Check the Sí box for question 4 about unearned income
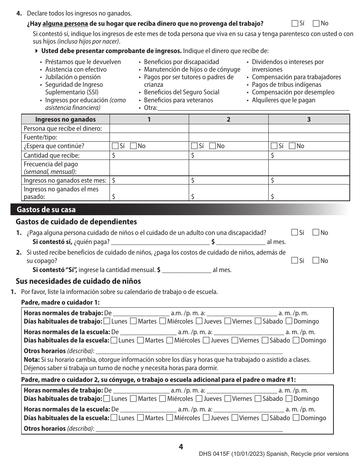(295, 23)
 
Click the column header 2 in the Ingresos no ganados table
(228, 119)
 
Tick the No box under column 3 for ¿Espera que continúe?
(292, 146)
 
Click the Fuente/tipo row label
(41, 137)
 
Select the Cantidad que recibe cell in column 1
(149, 155)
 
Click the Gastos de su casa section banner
(46, 210)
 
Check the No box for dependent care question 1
(316, 233)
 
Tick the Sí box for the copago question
(295, 261)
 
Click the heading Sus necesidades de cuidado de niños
(78, 281)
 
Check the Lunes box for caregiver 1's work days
(107, 321)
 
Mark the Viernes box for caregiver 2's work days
(228, 399)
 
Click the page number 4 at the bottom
(181, 447)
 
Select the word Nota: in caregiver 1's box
(31, 360)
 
